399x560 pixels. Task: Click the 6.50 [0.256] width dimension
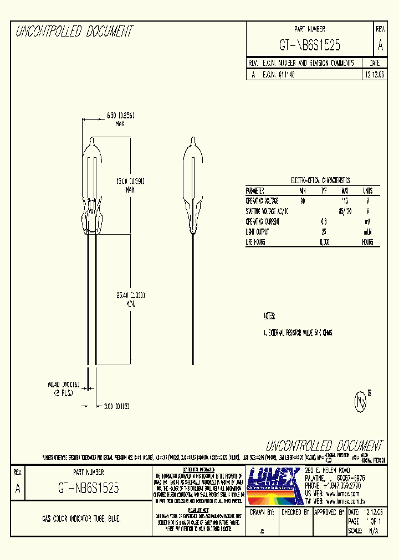click(x=120, y=115)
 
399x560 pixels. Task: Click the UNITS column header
click(x=367, y=191)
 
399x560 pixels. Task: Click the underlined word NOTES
click(x=269, y=316)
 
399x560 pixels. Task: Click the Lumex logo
click(x=273, y=484)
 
